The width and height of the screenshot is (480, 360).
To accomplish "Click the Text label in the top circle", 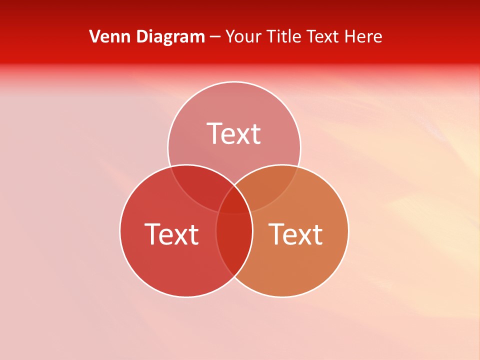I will tap(234, 134).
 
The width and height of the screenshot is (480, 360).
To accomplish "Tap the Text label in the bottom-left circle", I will tap(171, 234).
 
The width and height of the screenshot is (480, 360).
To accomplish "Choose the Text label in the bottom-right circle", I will tap(295, 234).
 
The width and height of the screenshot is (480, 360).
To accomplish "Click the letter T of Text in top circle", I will tap(215, 134).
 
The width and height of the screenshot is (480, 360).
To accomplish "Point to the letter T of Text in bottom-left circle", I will tap(152, 234).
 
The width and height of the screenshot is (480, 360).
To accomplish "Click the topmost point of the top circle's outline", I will tap(234, 82).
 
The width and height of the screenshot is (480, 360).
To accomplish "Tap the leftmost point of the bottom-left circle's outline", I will tap(120, 231).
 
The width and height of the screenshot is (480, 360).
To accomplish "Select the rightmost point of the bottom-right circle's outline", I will tap(348, 231).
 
